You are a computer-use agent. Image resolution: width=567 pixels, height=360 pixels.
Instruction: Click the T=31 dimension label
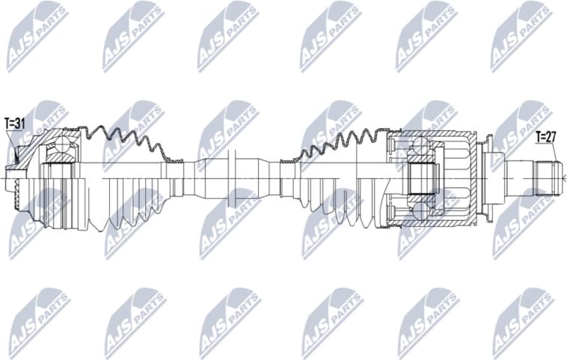[x=15, y=123]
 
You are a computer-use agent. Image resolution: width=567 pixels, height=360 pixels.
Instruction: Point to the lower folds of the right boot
[x=340, y=213]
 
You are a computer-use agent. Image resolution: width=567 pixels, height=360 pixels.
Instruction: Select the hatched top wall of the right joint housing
[x=434, y=135]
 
